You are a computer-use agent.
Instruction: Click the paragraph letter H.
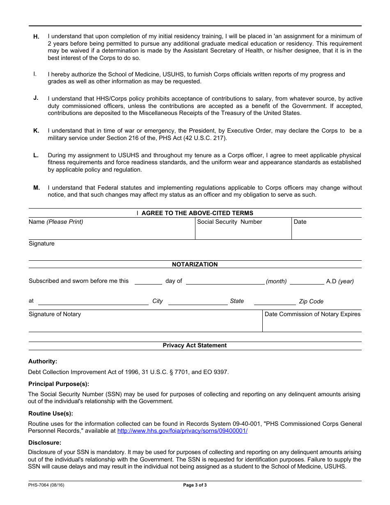(x=36, y=37)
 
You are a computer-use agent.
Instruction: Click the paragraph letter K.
(x=36, y=131)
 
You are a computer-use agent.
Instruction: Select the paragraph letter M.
(x=37, y=188)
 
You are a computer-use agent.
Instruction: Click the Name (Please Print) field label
(x=56, y=222)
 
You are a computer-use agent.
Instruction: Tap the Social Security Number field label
(x=229, y=222)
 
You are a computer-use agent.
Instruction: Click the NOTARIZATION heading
(x=195, y=264)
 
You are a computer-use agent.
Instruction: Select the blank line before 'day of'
(x=148, y=282)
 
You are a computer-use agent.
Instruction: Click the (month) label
(x=276, y=281)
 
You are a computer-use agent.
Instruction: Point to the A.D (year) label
(x=340, y=281)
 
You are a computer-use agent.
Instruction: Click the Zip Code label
(x=311, y=301)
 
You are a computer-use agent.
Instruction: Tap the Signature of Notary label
(x=55, y=314)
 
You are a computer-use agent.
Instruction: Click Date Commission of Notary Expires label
(x=312, y=314)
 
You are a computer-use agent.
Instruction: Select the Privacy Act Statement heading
(x=195, y=345)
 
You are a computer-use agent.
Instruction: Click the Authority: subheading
(x=43, y=361)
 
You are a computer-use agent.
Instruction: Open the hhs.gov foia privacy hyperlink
(x=182, y=431)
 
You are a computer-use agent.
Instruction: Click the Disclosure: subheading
(x=45, y=442)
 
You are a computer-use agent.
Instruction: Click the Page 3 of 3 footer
(x=195, y=485)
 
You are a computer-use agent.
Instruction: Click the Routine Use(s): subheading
(x=50, y=413)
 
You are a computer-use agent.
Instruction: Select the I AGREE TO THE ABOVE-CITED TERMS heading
(x=195, y=213)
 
